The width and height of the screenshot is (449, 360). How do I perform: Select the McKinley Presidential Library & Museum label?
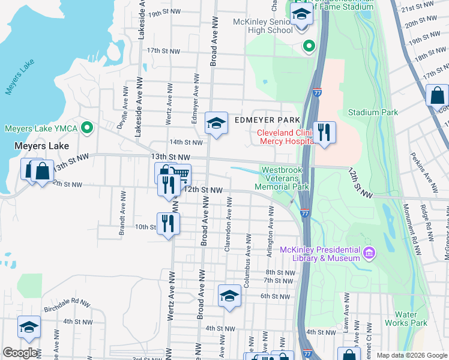click(x=318, y=254)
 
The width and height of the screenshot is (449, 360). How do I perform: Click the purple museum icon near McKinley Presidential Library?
click(x=369, y=254)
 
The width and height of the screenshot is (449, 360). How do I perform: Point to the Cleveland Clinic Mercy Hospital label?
click(x=286, y=137)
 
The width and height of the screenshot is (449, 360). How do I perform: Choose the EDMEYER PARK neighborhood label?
click(x=267, y=120)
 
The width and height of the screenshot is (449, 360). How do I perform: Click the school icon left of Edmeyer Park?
click(x=216, y=122)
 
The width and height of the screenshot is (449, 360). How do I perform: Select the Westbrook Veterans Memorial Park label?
click(x=285, y=178)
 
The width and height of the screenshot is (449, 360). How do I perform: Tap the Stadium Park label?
click(x=373, y=112)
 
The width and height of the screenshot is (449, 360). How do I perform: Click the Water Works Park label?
click(x=411, y=319)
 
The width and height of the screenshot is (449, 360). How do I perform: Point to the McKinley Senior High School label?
click(x=263, y=26)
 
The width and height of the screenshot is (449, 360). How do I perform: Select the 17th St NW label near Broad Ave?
click(x=163, y=51)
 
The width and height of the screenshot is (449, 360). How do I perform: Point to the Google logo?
click(x=20, y=353)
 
